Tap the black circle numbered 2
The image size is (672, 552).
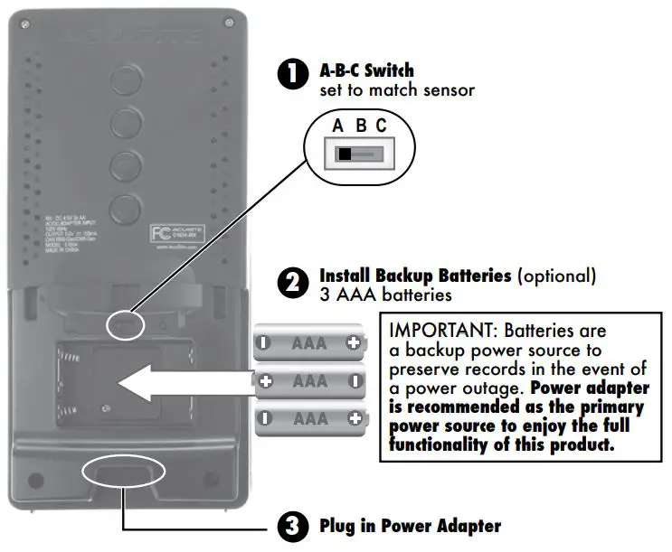292,283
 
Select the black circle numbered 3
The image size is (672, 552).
292,527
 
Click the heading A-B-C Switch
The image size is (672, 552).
367,70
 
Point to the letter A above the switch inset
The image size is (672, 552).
338,126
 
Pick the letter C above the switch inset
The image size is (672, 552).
382,126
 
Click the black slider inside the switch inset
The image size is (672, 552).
345,154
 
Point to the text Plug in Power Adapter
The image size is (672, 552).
409,526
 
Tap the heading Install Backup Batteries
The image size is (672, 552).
415,275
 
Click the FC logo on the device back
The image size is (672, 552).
160,232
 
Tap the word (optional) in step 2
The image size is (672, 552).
555,275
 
